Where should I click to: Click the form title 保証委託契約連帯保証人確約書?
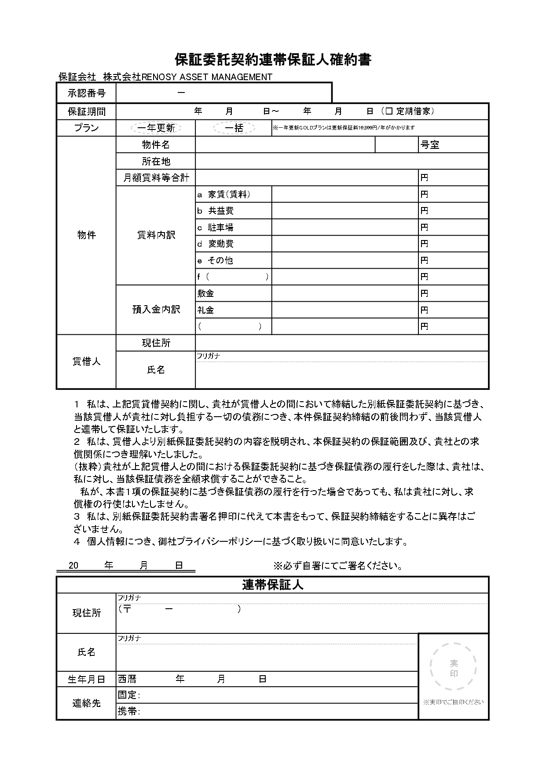click(273, 59)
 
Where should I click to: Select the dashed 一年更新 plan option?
click(156, 128)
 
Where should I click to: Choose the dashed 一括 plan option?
click(234, 128)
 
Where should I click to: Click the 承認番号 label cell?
click(86, 93)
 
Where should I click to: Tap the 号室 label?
click(430, 145)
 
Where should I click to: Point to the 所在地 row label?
click(156, 161)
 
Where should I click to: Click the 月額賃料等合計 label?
click(156, 178)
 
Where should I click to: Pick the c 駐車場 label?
click(215, 227)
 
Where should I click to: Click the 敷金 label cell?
click(205, 293)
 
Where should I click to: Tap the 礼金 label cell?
click(205, 310)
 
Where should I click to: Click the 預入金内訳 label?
click(156, 310)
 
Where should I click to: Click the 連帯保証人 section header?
click(273, 585)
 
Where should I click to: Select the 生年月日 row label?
click(86, 680)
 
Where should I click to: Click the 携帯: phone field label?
click(128, 711)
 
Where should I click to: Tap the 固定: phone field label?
click(128, 695)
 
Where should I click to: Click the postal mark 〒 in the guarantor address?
click(127, 609)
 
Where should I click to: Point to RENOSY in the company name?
click(158, 77)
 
